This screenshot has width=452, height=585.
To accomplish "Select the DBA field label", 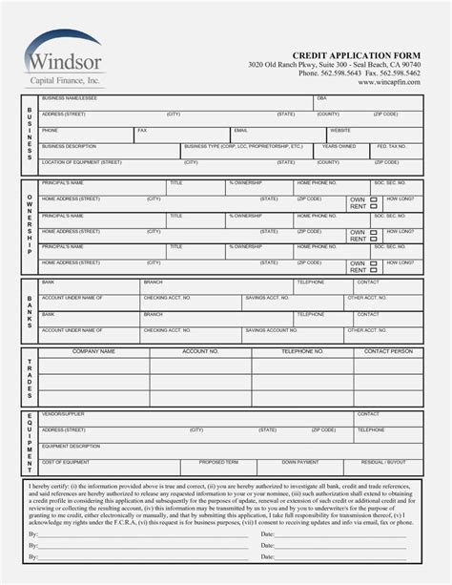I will coord(321,98).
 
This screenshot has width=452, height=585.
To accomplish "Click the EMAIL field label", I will coord(240,130).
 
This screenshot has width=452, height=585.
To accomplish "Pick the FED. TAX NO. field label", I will coord(390,147).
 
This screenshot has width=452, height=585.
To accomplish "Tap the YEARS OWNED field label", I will coord(339,147).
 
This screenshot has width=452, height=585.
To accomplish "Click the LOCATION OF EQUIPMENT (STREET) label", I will coord(81,163).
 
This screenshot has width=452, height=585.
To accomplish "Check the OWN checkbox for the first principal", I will coord(374,199).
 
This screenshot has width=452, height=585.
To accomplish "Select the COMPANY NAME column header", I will coord(93,351).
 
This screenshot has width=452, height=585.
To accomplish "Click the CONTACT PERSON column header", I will coord(388,351).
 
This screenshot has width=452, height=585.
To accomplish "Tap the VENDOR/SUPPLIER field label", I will coord(63,414).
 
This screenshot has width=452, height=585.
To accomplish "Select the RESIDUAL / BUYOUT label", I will coord(384,462).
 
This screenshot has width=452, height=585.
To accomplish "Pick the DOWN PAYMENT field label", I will coord(300,462).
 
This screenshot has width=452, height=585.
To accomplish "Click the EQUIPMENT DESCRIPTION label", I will coord(71,446).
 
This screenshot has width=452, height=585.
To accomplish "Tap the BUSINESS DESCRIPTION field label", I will coord(69,147).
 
